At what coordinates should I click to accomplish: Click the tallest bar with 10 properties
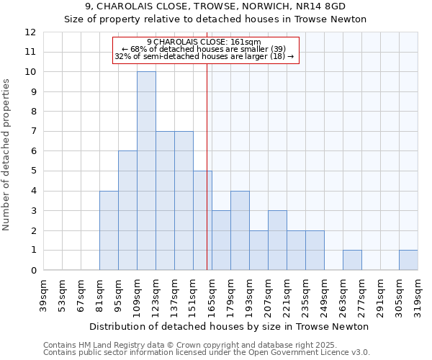click(146, 171)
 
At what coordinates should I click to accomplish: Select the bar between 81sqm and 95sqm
click(109, 230)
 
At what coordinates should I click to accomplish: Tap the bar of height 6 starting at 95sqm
click(127, 210)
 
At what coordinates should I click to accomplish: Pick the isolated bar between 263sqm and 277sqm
click(352, 260)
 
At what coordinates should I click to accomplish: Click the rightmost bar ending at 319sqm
click(408, 260)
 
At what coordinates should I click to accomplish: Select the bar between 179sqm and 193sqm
click(240, 230)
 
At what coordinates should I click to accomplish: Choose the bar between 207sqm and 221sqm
click(277, 240)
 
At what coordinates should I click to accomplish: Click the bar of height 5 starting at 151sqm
click(202, 220)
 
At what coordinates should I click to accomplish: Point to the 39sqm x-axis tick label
click(44, 296)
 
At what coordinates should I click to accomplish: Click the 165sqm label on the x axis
click(212, 296)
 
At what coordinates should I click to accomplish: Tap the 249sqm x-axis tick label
click(325, 296)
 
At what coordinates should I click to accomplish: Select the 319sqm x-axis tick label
click(418, 296)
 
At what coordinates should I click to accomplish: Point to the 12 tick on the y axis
click(30, 32)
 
